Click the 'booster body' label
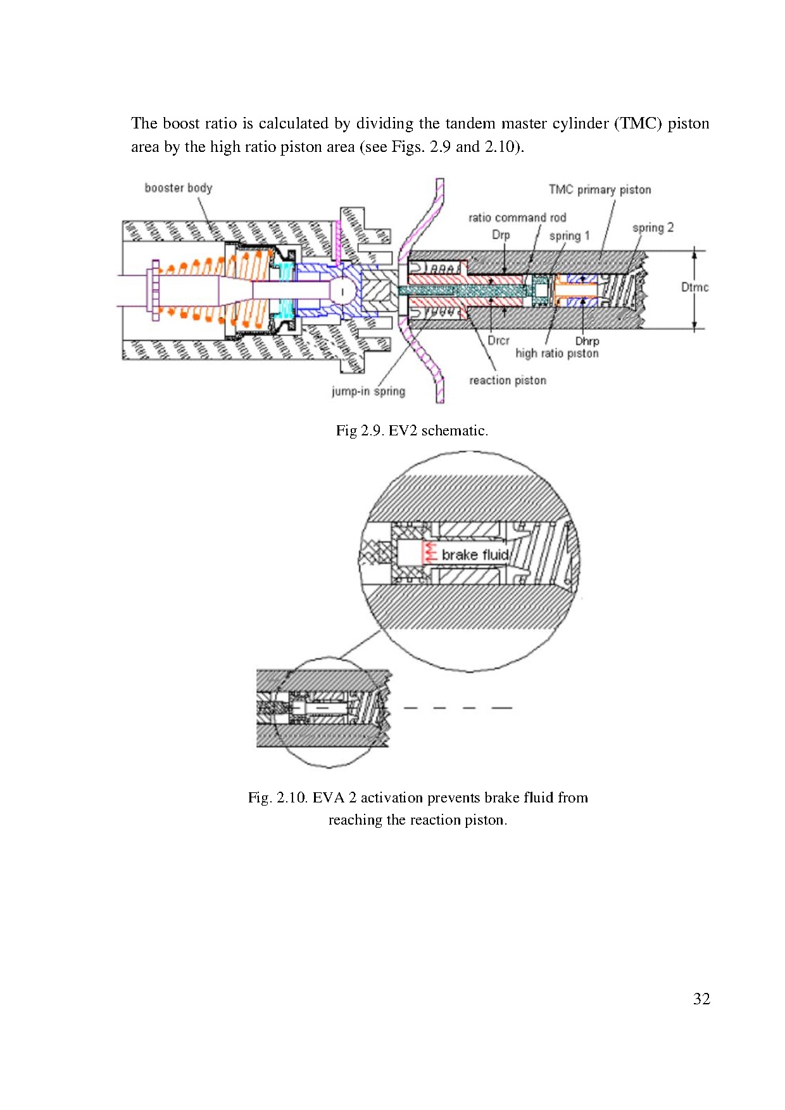point(178,188)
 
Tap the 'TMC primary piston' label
point(600,190)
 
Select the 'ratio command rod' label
point(517,218)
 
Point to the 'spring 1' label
point(568,236)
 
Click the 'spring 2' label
point(653,228)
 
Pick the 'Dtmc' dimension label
point(694,287)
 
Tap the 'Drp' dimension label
point(501,235)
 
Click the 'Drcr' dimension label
point(498,340)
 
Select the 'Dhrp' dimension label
point(587,341)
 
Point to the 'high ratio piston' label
point(556,353)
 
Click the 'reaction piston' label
point(507,380)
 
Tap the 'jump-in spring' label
point(368,391)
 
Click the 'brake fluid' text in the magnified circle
point(475,555)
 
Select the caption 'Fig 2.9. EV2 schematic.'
point(411,431)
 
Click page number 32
point(701,999)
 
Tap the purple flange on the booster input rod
point(152,290)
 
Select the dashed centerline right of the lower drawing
point(458,708)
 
